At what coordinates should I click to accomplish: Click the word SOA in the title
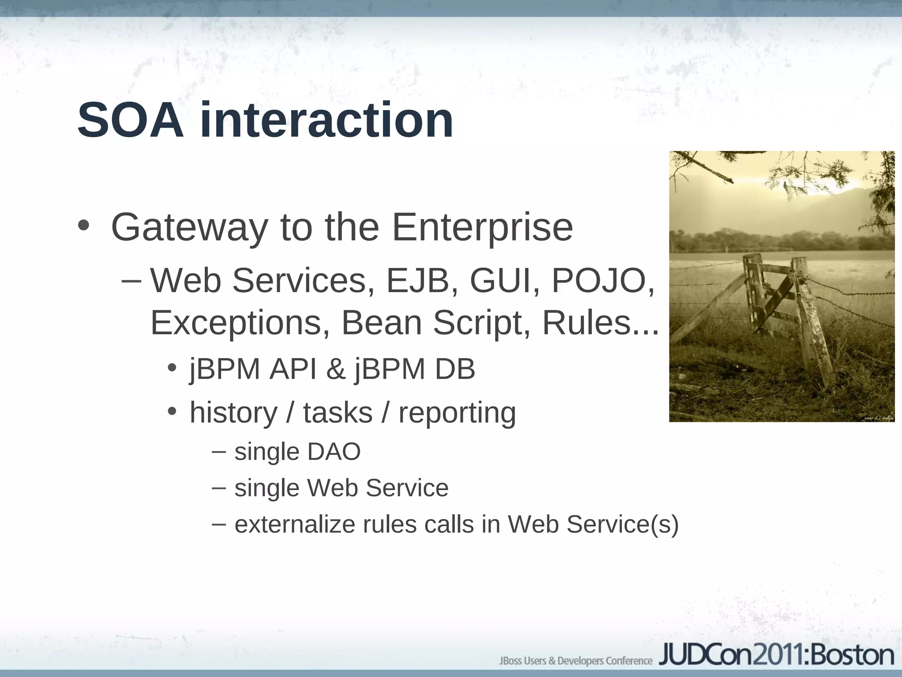[130, 120]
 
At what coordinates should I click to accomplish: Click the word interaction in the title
[326, 120]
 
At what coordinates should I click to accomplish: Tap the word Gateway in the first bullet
[189, 228]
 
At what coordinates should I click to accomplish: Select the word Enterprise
[482, 228]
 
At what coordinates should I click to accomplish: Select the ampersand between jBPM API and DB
[336, 369]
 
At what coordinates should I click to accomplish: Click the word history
[233, 413]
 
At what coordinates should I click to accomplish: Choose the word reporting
[457, 413]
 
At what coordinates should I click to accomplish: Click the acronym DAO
[334, 452]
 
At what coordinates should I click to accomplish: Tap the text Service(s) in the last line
[622, 524]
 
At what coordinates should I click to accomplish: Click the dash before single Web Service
[218, 487]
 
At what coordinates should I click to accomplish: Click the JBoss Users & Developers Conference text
[576, 661]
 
